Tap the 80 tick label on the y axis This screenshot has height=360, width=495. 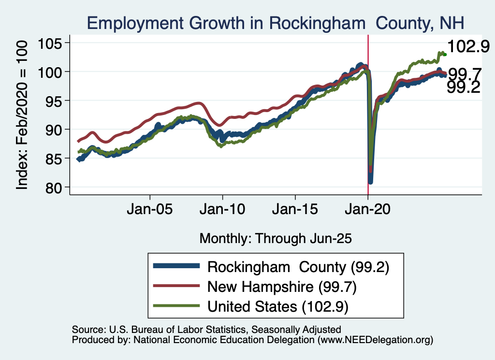[x=58, y=187]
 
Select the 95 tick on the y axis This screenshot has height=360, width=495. [x=58, y=101]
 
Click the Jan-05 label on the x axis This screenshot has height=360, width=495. [x=150, y=211]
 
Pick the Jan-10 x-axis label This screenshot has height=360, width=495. [x=222, y=211]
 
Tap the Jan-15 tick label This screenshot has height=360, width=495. [x=295, y=211]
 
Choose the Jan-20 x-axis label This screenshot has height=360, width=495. [x=368, y=211]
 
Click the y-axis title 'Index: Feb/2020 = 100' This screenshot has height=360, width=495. [x=23, y=115]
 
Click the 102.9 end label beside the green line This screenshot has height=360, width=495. [x=468, y=47]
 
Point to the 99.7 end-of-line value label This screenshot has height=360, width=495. [x=465, y=74]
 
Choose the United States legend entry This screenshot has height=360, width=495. [x=278, y=306]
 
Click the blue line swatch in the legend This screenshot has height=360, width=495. [x=175, y=267]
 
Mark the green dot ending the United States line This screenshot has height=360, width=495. [x=445, y=55]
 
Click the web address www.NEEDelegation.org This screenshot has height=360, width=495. [x=374, y=340]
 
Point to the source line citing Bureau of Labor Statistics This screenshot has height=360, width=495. [x=206, y=330]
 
